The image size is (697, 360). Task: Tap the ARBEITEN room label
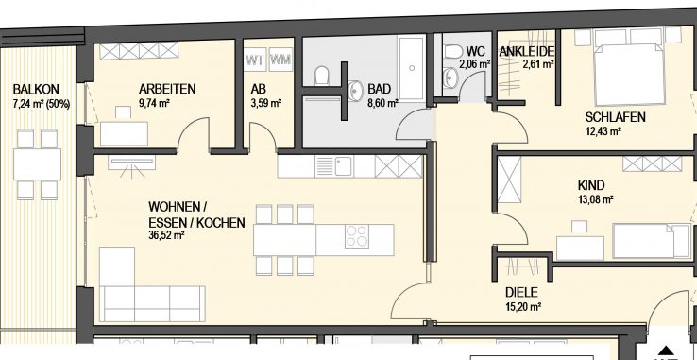[x=165, y=90]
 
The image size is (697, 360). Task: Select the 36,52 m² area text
[x=166, y=236]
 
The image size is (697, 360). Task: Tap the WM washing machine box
[x=280, y=61]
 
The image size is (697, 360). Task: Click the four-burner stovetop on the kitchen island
[x=356, y=236]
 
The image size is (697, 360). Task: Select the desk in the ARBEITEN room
[x=124, y=132]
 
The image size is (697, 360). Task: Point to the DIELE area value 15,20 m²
[x=522, y=307]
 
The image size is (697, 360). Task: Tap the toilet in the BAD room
[x=323, y=73]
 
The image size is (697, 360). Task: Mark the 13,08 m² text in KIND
[x=595, y=199]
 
